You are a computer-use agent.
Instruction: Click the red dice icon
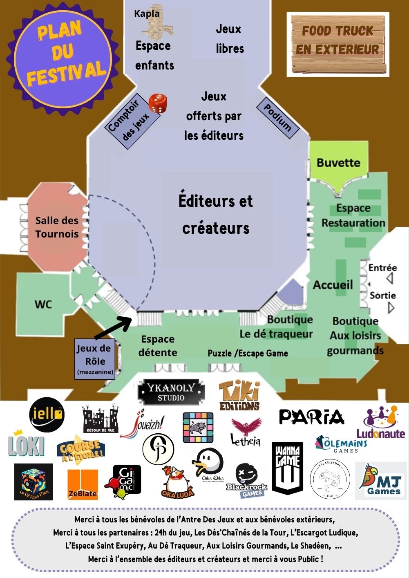158,103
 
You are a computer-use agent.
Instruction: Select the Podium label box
278,118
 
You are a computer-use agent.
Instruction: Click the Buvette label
338,163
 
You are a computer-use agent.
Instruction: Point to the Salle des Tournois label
57,227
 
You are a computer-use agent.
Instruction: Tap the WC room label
43,305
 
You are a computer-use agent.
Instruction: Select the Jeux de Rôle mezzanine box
94,359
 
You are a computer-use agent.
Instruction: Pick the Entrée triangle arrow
390,279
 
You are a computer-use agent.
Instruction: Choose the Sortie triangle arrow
391,307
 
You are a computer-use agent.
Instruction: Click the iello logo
47,414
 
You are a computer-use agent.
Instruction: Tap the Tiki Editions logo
239,396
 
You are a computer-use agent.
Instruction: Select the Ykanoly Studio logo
171,392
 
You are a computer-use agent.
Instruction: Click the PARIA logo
311,417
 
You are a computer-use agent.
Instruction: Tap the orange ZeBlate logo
83,484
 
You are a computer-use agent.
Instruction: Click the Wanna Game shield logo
288,468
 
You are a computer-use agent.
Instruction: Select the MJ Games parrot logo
381,481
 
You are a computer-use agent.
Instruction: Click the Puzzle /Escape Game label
248,353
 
